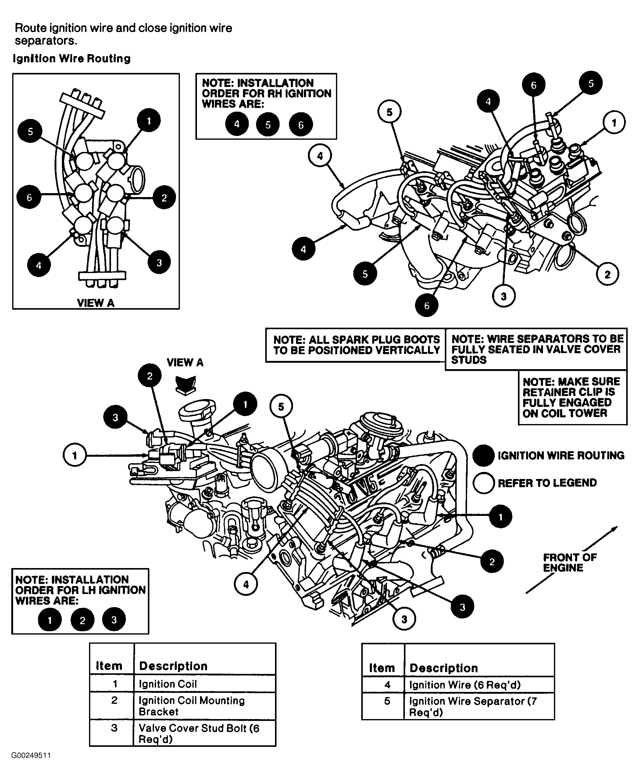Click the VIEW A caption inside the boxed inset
tap(95, 303)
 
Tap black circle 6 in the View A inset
tap(29, 197)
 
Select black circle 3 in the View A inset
tap(159, 262)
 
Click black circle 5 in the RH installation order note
tap(268, 124)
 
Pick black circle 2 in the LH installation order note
tap(82, 621)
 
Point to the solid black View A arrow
tap(186, 385)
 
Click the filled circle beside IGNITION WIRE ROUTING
tap(483, 455)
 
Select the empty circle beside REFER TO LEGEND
tap(483, 483)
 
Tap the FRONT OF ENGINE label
tap(569, 562)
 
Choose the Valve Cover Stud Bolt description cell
tap(199, 733)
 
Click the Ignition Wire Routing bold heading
tap(72, 59)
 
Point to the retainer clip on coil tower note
tap(571, 397)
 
